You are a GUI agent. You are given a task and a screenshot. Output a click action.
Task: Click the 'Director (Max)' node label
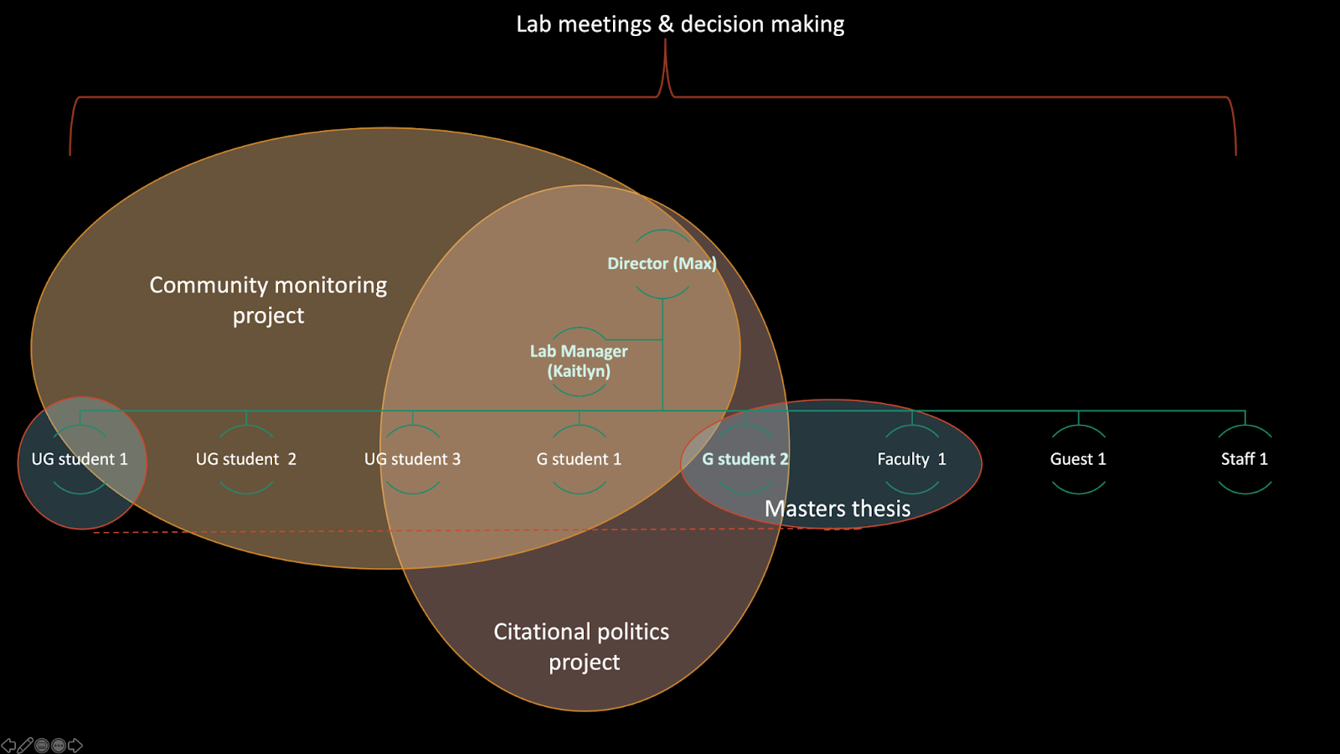coord(662,263)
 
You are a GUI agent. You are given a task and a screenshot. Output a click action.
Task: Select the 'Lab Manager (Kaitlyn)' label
coord(579,361)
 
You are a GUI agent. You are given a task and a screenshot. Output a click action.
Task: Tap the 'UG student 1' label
coord(80,459)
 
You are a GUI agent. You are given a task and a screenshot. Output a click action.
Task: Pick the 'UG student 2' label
coord(245,459)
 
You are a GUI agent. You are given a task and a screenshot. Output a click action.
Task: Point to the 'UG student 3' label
coord(412,459)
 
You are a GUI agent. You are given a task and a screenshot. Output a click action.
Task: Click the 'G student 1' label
coord(579,459)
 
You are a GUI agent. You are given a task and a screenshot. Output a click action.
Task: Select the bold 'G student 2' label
coord(745,459)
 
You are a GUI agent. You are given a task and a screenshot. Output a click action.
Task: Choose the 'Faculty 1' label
coord(911,459)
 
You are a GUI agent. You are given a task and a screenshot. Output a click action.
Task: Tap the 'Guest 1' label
coord(1078,459)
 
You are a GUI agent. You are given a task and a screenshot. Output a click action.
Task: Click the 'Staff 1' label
coord(1244,459)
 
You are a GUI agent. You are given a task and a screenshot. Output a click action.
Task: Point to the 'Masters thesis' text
coord(837,509)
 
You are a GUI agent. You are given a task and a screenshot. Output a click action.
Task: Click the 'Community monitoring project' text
coord(268,300)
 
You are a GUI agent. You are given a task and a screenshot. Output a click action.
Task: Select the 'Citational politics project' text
coord(581,646)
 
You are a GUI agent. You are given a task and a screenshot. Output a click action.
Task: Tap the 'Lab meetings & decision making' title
coord(680,24)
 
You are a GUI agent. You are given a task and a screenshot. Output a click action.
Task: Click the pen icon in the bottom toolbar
coord(25,745)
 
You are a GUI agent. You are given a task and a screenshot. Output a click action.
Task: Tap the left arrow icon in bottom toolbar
coord(8,745)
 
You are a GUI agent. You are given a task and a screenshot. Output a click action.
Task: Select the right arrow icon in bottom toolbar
coord(75,745)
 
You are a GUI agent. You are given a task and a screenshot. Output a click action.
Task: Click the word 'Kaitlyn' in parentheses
coord(579,371)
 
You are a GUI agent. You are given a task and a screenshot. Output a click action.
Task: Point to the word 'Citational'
coord(539,632)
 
